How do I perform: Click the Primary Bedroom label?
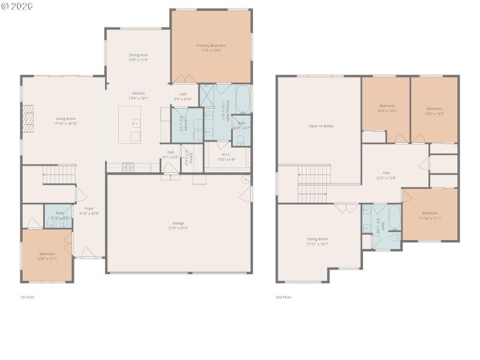click(x=211, y=48)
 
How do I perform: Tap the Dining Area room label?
click(x=138, y=58)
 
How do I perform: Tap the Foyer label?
click(x=89, y=211)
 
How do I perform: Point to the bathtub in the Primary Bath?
click(x=243, y=100)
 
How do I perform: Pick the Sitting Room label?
click(x=317, y=241)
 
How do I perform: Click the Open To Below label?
click(x=321, y=126)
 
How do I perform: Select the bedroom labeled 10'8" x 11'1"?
click(x=48, y=256)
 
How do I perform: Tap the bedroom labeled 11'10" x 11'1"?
click(x=430, y=215)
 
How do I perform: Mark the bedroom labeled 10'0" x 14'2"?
click(x=434, y=111)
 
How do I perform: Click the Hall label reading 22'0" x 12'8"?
click(x=386, y=175)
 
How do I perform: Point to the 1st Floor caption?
click(x=28, y=297)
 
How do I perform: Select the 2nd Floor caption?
click(x=283, y=297)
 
